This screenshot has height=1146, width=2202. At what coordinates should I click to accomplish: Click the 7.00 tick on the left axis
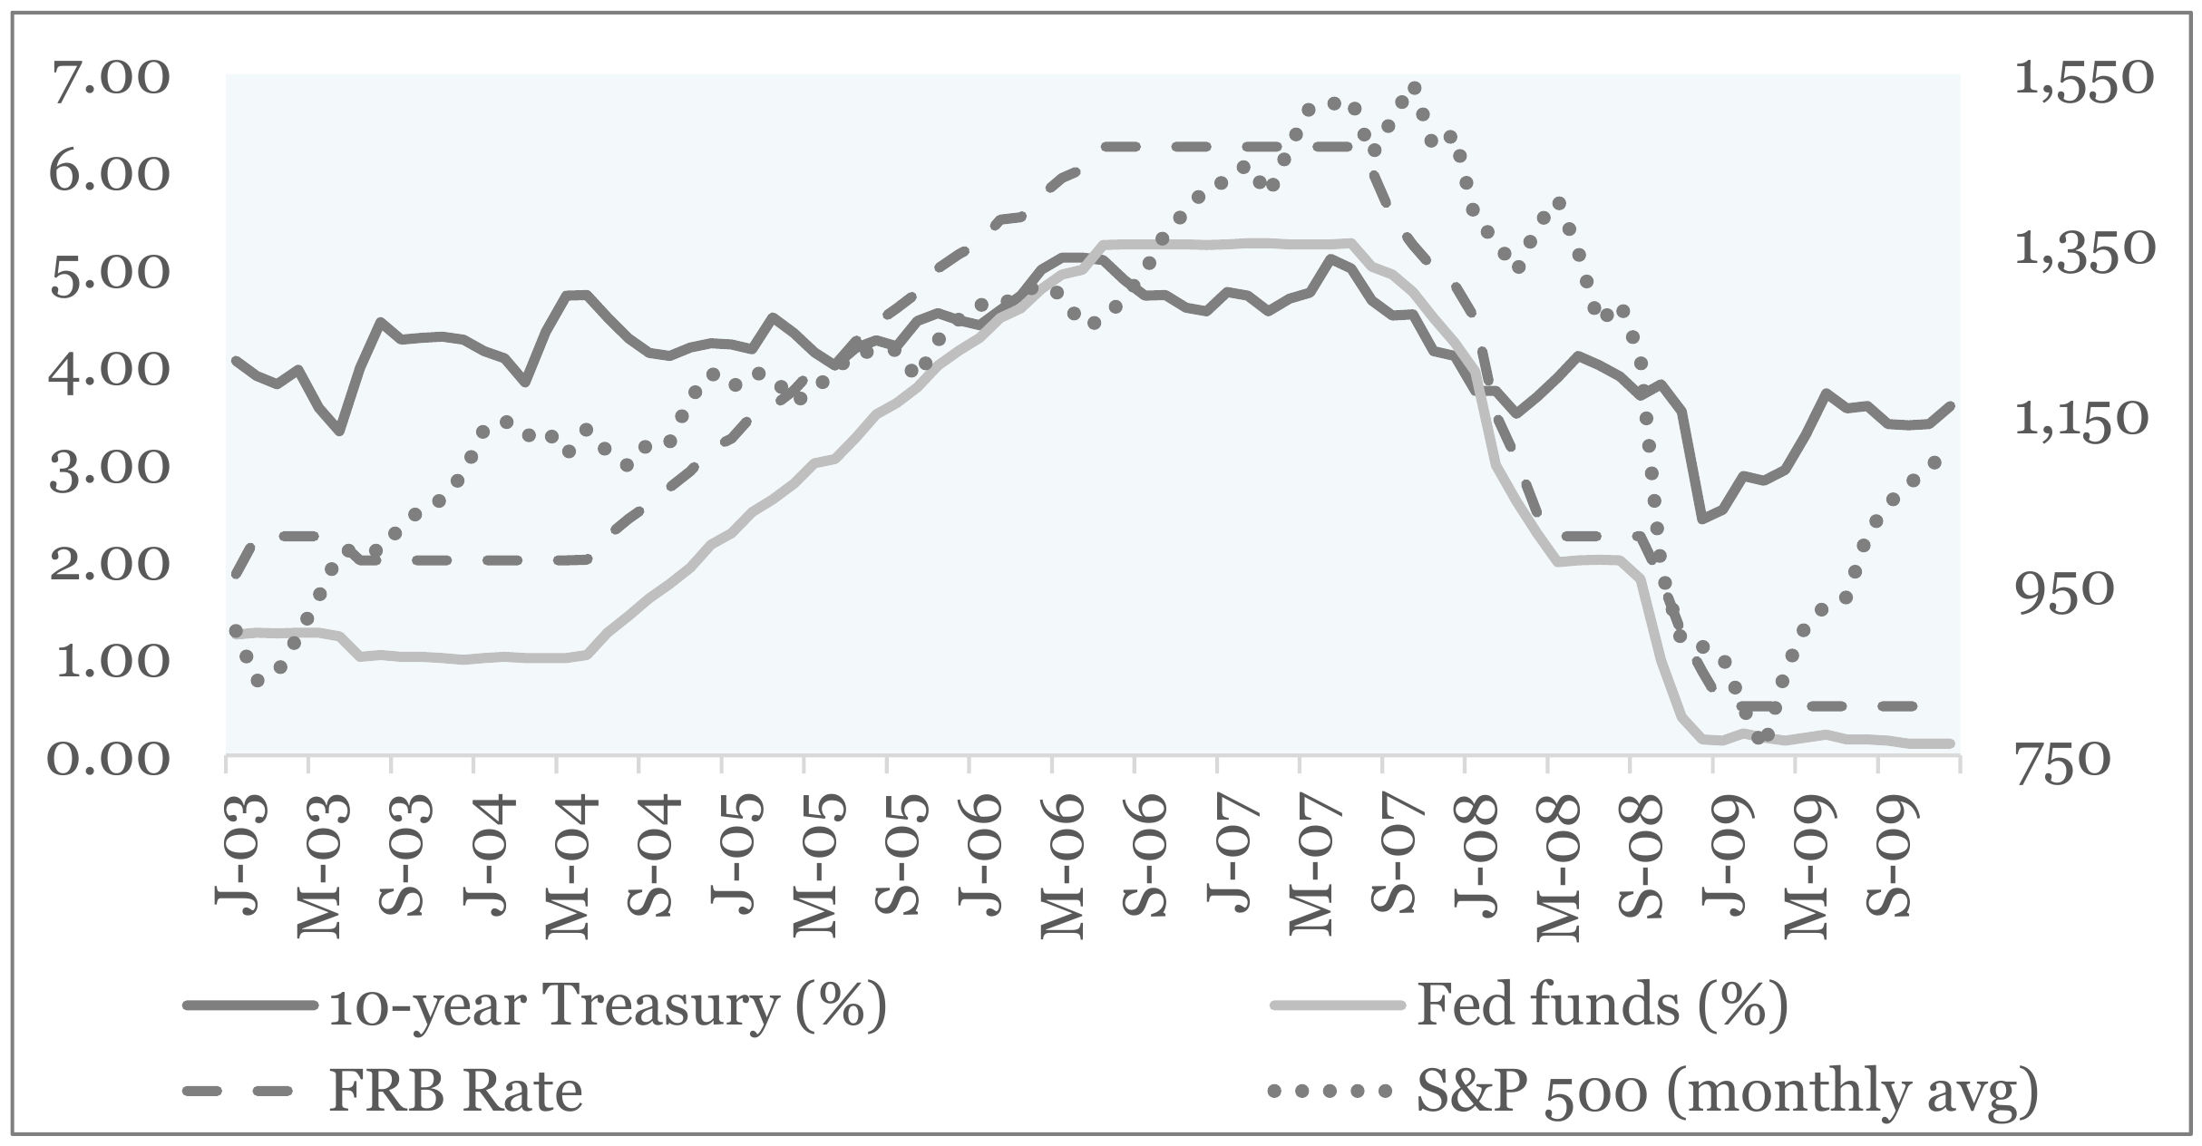tap(109, 80)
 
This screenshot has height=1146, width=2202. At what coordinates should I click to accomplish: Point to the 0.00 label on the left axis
tap(109, 758)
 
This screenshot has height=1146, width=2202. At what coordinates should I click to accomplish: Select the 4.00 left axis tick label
tap(109, 370)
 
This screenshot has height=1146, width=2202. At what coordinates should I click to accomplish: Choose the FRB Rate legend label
tap(456, 1092)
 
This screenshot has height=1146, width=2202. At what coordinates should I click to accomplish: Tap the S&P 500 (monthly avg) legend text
tap(1728, 1092)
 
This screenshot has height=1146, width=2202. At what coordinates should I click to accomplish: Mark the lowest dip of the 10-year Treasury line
tap(1701, 519)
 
